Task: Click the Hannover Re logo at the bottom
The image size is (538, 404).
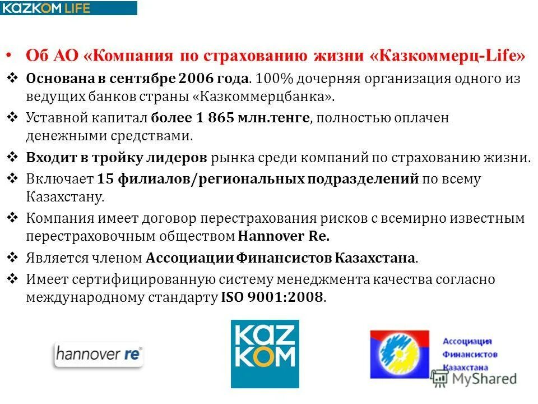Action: (x=99, y=355)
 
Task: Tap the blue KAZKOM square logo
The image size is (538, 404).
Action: (x=265, y=353)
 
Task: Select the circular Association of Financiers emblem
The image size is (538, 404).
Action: (x=400, y=354)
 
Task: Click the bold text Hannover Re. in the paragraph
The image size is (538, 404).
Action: (x=284, y=236)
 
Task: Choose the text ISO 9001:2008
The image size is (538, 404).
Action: (x=272, y=297)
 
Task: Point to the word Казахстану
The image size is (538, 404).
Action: (x=64, y=197)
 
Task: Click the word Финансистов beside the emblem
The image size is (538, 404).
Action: (x=470, y=354)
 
